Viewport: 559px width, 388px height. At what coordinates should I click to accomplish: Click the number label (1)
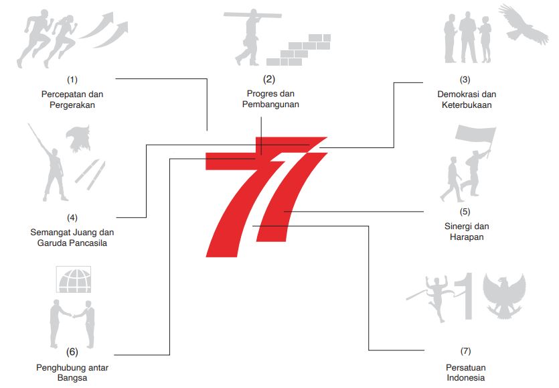[72, 79]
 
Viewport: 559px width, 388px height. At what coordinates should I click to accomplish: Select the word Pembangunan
[270, 105]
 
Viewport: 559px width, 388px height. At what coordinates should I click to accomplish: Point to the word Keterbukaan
[467, 105]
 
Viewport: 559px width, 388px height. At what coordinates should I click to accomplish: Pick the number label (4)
[72, 217]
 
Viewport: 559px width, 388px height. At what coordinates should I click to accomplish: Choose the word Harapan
[467, 237]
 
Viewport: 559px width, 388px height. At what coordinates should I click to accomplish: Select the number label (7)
[465, 351]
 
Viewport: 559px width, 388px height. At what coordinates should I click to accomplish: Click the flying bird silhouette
[524, 25]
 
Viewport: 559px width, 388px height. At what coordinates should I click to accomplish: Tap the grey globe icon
[74, 280]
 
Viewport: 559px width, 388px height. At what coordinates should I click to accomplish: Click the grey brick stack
[299, 50]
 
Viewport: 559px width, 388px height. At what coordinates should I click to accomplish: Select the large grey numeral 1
[466, 296]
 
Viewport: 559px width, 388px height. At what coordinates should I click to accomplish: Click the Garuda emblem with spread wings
[504, 296]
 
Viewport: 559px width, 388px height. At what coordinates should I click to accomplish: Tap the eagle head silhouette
[78, 139]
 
